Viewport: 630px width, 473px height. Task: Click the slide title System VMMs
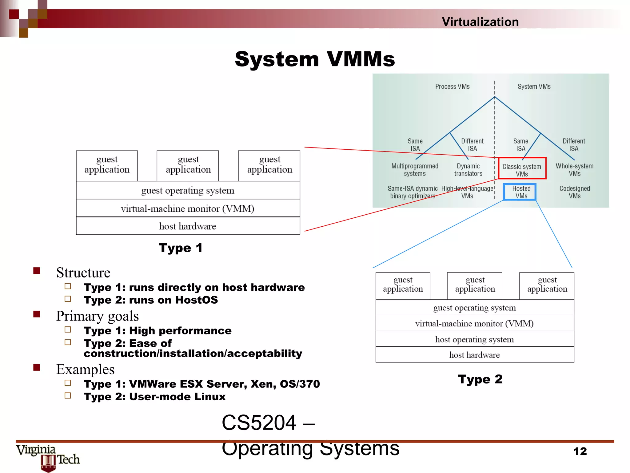[x=315, y=59]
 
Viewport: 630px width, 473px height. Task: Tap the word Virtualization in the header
[x=480, y=22]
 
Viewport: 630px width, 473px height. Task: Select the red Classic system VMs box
[x=522, y=168]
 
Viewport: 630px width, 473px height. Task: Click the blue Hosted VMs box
[x=520, y=192]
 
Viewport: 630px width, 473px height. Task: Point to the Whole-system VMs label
[x=574, y=170]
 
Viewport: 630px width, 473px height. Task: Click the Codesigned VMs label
[x=574, y=192]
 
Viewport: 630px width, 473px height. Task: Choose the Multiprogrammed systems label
[x=415, y=170]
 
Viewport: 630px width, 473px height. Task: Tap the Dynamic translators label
[x=468, y=170]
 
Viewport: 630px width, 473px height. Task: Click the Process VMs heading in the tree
[x=452, y=87]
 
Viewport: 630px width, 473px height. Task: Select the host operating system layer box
[x=474, y=339]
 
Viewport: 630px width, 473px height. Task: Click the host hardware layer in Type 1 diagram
[x=188, y=226]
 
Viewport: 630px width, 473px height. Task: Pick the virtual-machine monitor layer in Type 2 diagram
[x=474, y=323]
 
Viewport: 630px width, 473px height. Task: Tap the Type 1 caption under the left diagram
[x=181, y=248]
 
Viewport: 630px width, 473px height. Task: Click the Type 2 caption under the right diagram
[x=480, y=379]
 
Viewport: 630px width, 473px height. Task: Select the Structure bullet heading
[x=83, y=273]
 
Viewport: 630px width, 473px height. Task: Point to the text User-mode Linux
[x=177, y=397]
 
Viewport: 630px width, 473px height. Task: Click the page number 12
[x=580, y=451]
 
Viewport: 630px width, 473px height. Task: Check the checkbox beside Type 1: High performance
[x=68, y=330]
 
